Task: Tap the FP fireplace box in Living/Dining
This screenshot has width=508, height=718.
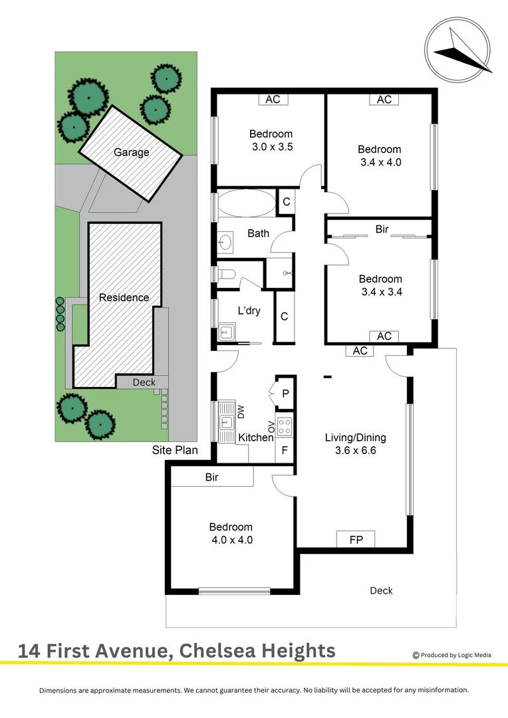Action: (x=356, y=539)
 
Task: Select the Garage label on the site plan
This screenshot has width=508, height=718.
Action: (x=131, y=152)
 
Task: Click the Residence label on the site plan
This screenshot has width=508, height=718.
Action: (x=124, y=297)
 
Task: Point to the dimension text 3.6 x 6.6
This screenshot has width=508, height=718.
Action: (x=355, y=451)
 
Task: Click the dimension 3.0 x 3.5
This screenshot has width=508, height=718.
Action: (x=271, y=146)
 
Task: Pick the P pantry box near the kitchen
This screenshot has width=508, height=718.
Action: (x=285, y=394)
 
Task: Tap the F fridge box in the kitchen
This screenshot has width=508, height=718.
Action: (x=285, y=450)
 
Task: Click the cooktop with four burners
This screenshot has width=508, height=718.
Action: (x=285, y=426)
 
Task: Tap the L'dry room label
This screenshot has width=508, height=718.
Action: (x=249, y=310)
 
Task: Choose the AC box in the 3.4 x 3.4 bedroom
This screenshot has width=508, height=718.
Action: (x=384, y=336)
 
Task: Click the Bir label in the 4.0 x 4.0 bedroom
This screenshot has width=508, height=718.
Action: (x=212, y=477)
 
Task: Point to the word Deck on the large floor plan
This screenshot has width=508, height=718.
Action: (x=381, y=590)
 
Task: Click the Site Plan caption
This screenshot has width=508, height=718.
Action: (x=175, y=450)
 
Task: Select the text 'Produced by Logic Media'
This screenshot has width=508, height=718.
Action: (x=456, y=655)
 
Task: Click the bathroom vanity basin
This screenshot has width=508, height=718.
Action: (x=226, y=242)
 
